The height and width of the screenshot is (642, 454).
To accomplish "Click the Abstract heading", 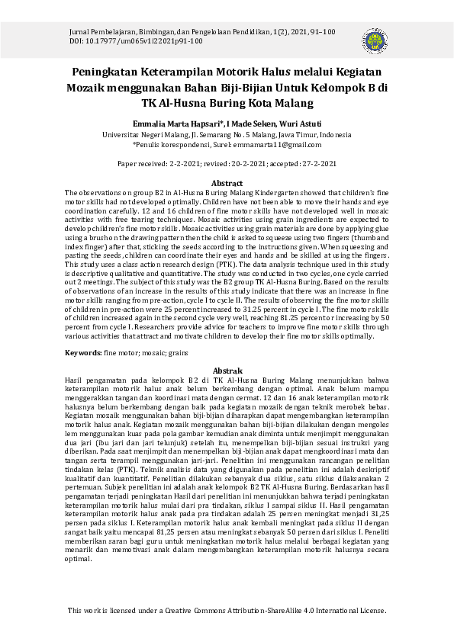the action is pyautogui.click(x=227, y=184).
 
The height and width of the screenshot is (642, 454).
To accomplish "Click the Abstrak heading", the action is pyautogui.click(x=227, y=370).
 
